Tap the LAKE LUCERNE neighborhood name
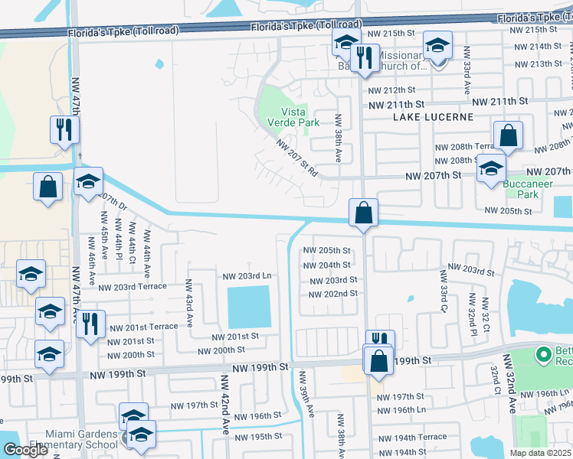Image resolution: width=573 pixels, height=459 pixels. [433, 117]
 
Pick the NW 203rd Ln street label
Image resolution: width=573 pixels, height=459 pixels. [247, 275]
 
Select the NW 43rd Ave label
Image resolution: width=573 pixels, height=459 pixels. [188, 304]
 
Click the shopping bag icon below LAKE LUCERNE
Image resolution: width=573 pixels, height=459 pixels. [508, 137]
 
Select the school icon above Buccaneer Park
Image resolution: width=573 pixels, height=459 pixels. [490, 170]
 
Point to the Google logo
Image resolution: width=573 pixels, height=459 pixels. [25, 450]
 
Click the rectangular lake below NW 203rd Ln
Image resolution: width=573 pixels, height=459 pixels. [249, 307]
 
